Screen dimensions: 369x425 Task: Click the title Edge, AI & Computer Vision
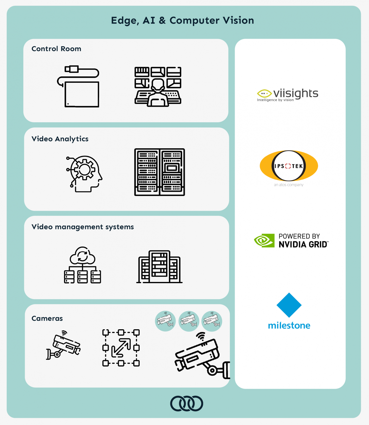(x=183, y=21)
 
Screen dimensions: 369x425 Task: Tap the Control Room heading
(x=56, y=49)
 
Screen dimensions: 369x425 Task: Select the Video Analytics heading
(x=60, y=139)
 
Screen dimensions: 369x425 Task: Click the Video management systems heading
(x=83, y=227)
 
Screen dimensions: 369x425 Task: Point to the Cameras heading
(x=47, y=318)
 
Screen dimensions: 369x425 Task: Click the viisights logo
(x=288, y=95)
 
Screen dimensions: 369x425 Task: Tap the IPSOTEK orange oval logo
(x=289, y=166)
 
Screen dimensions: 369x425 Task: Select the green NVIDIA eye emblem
(x=264, y=240)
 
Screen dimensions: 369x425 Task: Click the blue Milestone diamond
(x=289, y=305)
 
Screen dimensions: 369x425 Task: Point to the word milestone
(x=289, y=325)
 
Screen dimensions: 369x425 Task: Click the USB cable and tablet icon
(x=78, y=86)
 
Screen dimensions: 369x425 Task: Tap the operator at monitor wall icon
(x=158, y=87)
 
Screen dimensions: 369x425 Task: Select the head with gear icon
(x=84, y=174)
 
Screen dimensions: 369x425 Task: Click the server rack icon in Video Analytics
(x=160, y=172)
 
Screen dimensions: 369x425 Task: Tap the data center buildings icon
(x=159, y=267)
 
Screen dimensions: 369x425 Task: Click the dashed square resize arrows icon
(x=121, y=348)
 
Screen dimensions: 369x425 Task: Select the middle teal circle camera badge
(x=189, y=321)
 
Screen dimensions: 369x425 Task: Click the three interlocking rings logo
(x=186, y=403)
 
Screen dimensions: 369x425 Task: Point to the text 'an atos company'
(x=288, y=185)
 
